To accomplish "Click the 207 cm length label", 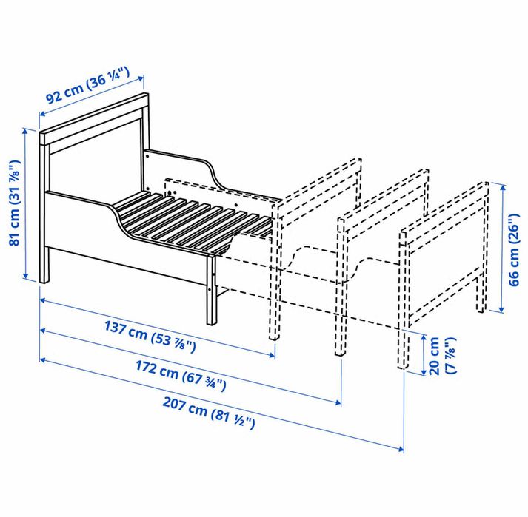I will [209, 414].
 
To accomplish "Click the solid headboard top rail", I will [95, 117].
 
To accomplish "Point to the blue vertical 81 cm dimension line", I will [35, 205].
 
